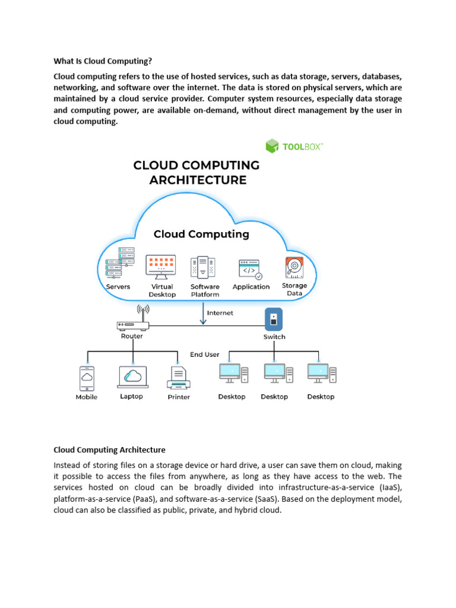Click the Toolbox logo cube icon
[x=272, y=146]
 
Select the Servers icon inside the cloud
[x=117, y=261]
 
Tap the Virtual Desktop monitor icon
[x=161, y=267]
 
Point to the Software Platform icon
[x=203, y=267]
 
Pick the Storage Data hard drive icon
[x=294, y=268]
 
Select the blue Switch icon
[x=273, y=319]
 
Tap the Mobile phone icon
[x=87, y=378]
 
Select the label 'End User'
[x=205, y=354]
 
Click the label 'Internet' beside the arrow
[x=220, y=313]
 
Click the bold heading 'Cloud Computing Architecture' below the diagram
[x=109, y=449]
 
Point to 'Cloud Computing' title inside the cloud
[x=201, y=234]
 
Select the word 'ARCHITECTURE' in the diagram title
[x=198, y=179]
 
